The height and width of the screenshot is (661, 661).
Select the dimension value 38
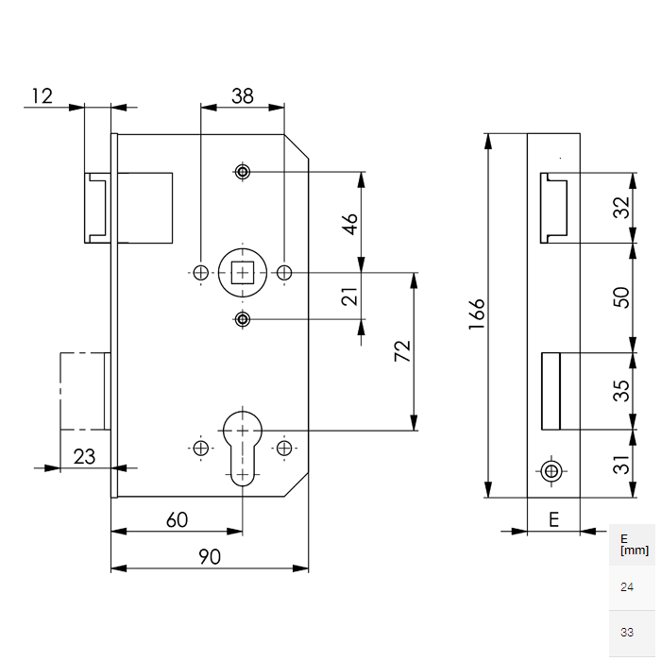tap(243, 94)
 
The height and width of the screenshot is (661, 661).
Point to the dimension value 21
tap(350, 297)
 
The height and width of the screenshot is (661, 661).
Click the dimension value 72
tap(402, 351)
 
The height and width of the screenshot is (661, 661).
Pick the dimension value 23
tap(84, 456)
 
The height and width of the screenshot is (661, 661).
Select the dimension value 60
tap(177, 519)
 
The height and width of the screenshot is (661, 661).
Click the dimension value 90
tap(210, 557)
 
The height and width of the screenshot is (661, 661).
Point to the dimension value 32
tap(620, 208)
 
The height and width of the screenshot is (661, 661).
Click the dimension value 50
tap(620, 297)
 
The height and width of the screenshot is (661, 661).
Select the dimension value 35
tap(620, 390)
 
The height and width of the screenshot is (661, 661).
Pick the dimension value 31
tap(620, 464)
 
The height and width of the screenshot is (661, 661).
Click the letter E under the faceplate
tap(553, 518)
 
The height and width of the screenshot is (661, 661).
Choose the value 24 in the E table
tap(627, 587)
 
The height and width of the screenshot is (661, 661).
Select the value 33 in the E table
tap(627, 632)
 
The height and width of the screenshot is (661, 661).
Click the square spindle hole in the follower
tap(243, 273)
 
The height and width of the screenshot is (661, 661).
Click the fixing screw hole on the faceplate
tap(551, 469)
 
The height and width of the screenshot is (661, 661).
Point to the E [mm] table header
tap(633, 545)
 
